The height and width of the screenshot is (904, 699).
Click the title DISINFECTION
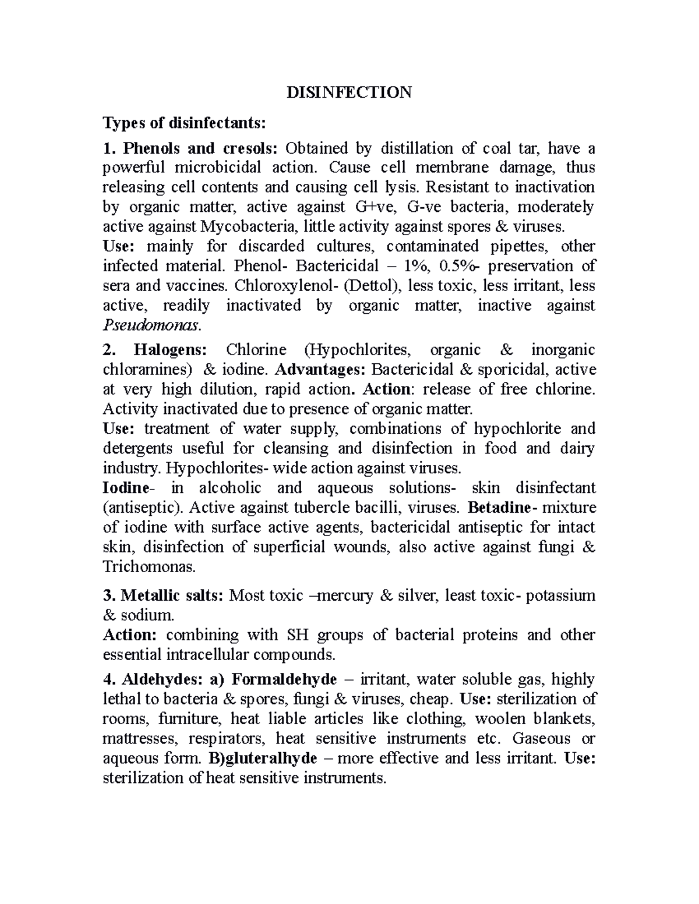(349, 92)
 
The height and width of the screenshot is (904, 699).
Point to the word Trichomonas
(150, 566)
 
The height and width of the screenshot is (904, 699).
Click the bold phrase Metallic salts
(171, 595)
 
